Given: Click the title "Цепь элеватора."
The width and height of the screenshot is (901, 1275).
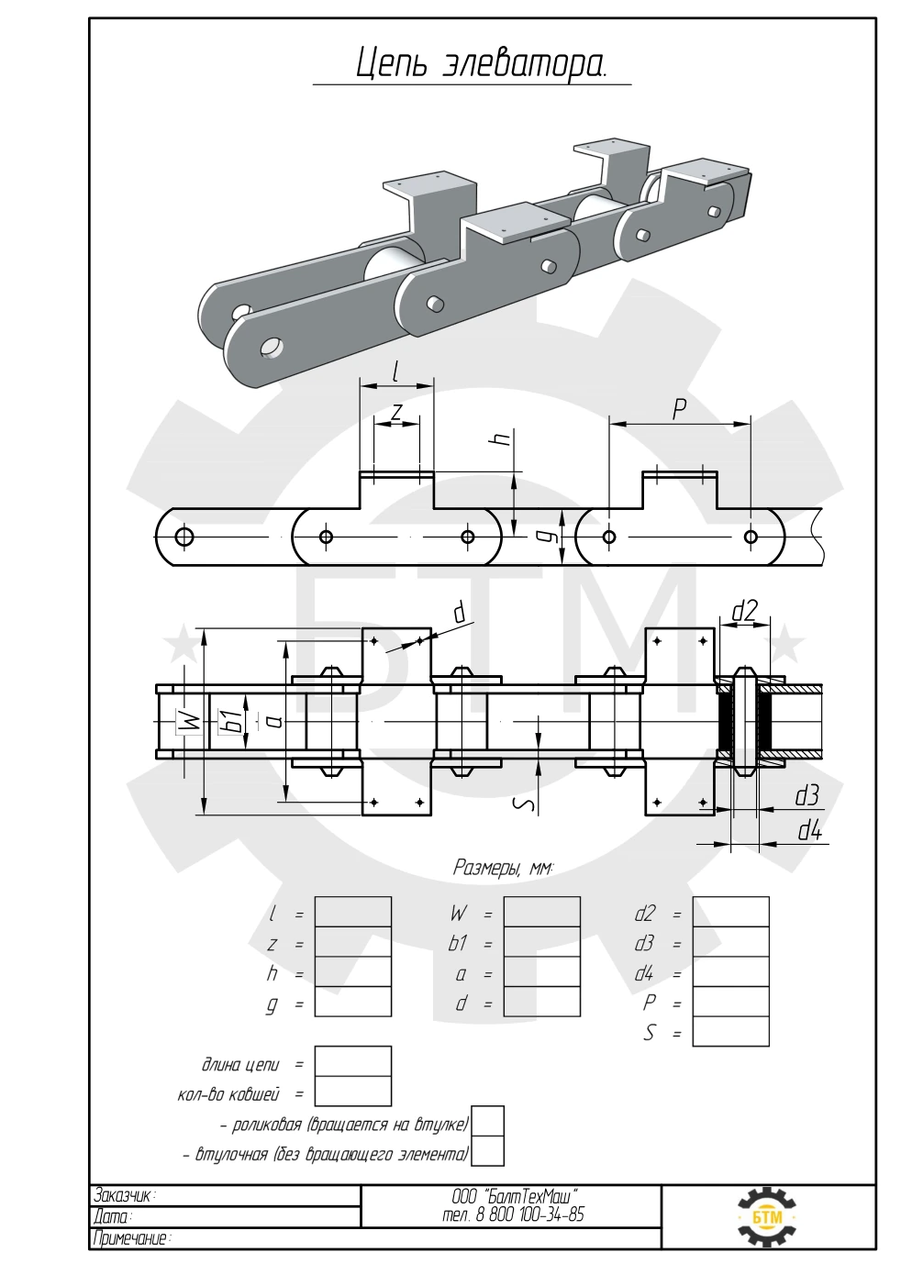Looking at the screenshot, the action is click(x=482, y=63).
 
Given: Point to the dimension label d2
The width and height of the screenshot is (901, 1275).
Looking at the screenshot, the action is click(x=744, y=611).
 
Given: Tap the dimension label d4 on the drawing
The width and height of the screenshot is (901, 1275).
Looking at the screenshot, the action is click(x=809, y=832).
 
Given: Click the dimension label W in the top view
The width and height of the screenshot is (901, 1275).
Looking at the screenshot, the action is click(x=193, y=723).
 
